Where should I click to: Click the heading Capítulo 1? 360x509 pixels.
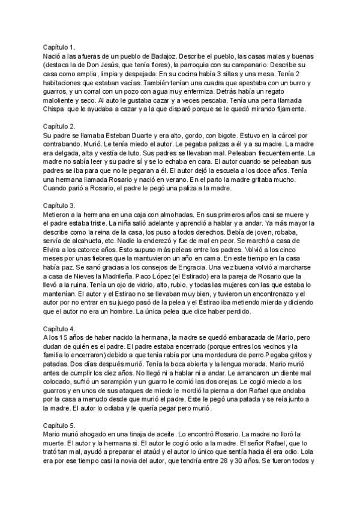(59, 47)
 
